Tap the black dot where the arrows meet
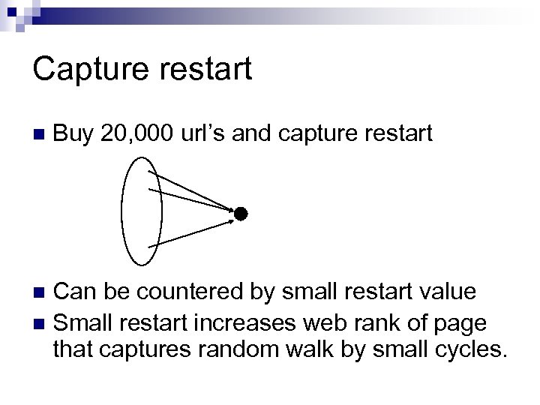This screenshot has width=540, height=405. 239,214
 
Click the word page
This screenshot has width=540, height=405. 459,324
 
